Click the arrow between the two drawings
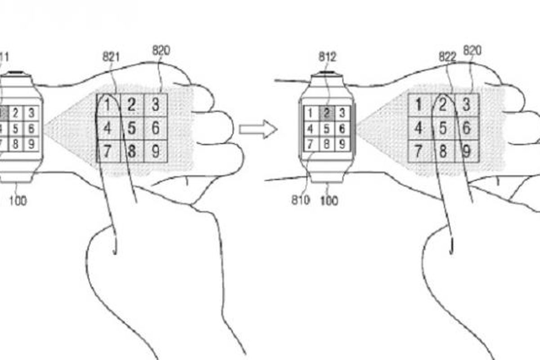point(257,130)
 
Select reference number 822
point(447,56)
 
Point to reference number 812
point(327,57)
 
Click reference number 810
point(301,199)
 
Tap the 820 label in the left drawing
point(161,50)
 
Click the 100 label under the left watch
point(18,200)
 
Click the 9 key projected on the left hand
point(155,151)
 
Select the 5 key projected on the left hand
point(131,128)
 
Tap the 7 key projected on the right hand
point(418,151)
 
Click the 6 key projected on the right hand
point(467,128)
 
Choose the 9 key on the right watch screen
point(342,144)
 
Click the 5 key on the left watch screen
point(16,129)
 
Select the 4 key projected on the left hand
point(108,128)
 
